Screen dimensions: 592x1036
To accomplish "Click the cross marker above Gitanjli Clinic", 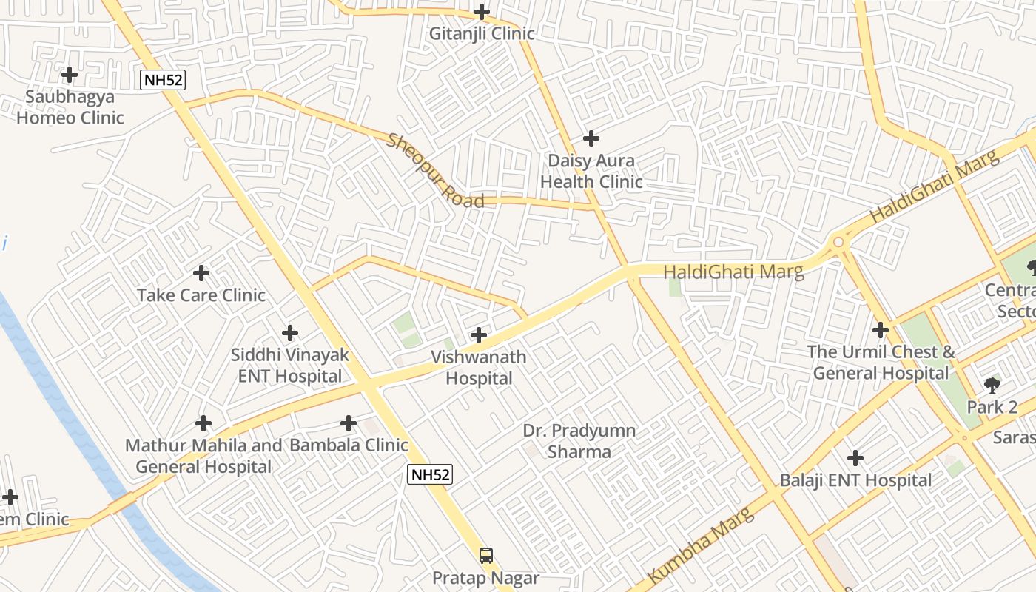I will point(481,12).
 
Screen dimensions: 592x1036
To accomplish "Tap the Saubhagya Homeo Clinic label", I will point(70,107).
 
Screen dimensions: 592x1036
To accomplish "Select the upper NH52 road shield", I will point(162,80).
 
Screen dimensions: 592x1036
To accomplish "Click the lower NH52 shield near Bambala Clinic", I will point(429,474).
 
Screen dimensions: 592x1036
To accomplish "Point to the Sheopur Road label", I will point(435,171).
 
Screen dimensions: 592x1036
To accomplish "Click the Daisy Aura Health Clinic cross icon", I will point(591,138).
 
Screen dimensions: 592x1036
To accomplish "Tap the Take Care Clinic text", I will point(201,295).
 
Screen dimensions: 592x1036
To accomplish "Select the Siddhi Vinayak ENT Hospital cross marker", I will point(290,333).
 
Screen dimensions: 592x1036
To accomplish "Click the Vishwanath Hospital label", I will point(479,368).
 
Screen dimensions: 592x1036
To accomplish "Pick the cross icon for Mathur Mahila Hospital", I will point(203,423).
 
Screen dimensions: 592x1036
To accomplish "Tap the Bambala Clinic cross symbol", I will point(349,423).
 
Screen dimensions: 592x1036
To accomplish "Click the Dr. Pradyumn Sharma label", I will point(579,441).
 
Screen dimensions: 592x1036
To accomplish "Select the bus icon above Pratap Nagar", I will point(486,555).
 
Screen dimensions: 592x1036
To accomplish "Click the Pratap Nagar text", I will point(485,578).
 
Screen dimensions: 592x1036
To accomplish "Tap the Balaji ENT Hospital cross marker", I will point(855,458).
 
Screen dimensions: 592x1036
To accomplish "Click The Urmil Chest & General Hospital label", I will point(881,363).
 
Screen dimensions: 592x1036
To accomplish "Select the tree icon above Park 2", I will point(992,385).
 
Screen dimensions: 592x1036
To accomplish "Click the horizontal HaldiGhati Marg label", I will point(733,272).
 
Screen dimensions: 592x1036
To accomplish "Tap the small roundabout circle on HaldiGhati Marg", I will point(838,242).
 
